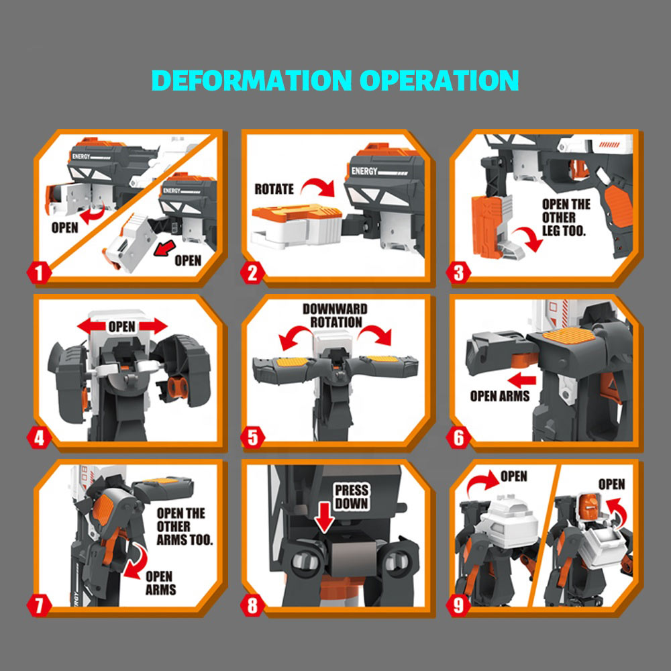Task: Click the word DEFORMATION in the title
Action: coord(252,80)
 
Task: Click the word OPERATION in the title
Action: coord(440,80)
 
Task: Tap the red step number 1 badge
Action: coord(39,273)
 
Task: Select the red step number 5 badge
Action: coord(252,437)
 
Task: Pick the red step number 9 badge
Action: coord(458,605)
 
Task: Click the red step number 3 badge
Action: coord(458,273)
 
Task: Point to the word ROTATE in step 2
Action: coord(274,189)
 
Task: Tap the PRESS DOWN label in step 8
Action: coord(352,497)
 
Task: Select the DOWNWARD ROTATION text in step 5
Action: coord(335,315)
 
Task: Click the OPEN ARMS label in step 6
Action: coord(499,397)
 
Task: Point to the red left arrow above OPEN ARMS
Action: coord(521,380)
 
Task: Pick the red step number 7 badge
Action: coord(39,605)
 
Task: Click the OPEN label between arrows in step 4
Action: coord(122,327)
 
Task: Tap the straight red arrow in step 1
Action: coord(164,248)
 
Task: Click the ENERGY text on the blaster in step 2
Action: coord(364,171)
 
